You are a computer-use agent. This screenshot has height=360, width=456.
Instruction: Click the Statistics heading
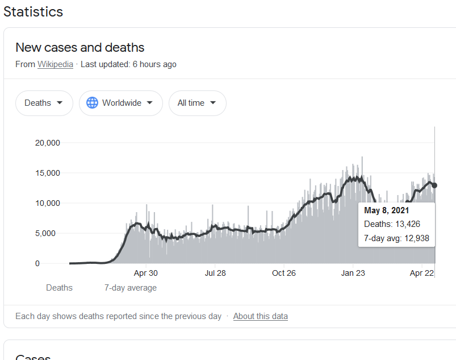tap(33, 11)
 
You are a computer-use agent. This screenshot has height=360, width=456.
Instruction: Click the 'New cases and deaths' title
tap(80, 47)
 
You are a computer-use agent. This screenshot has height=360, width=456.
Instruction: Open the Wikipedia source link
tap(55, 64)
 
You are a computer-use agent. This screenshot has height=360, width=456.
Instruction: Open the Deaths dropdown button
tap(44, 103)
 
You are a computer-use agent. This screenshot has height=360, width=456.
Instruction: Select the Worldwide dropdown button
tap(120, 103)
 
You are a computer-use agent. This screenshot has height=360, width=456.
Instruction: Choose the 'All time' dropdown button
tap(197, 103)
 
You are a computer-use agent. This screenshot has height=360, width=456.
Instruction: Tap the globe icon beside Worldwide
tap(92, 103)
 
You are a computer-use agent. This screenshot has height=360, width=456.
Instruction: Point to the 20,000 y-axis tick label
tap(48, 143)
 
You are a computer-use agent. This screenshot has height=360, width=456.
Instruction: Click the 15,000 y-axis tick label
tap(48, 173)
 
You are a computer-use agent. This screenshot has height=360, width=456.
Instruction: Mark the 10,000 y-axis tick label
tap(48, 203)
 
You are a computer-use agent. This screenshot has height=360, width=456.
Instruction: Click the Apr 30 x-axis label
tap(145, 273)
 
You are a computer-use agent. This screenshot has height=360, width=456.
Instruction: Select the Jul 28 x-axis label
tap(215, 273)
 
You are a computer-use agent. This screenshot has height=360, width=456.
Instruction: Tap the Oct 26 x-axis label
tap(284, 273)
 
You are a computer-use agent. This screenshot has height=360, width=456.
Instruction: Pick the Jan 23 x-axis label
tap(353, 273)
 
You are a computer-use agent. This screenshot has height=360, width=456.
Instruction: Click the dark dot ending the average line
tap(434, 185)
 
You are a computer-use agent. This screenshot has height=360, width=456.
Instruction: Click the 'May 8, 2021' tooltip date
tap(387, 210)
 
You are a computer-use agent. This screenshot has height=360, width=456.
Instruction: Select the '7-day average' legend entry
tap(130, 288)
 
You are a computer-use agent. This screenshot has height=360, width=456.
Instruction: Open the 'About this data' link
tap(260, 316)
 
